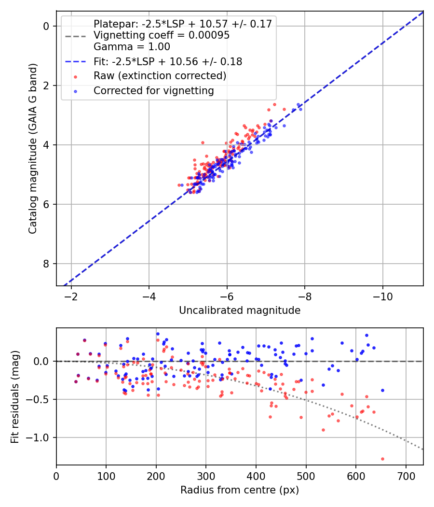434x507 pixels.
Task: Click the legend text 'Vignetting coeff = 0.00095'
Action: point(162,35)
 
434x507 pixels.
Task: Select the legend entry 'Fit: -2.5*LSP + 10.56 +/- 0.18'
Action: point(167,62)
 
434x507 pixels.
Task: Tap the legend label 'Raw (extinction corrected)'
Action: point(160,76)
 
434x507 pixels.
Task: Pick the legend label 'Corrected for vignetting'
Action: point(153,90)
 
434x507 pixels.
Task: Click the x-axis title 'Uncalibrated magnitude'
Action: point(240,310)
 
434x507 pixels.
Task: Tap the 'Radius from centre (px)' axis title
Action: point(240,490)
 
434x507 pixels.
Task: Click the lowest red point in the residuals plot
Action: point(382,459)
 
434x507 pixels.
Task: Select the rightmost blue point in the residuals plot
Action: point(382,390)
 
